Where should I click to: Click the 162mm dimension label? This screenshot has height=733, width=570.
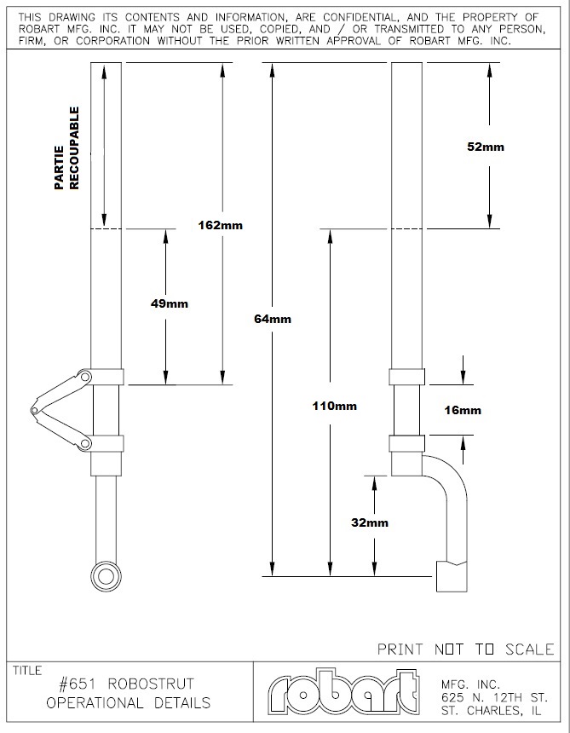tap(221, 225)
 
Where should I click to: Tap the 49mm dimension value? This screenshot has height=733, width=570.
tap(170, 304)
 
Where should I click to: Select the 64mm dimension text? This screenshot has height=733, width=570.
tap(273, 319)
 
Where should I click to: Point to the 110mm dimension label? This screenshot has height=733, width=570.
tap(335, 406)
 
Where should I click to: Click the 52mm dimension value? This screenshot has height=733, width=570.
tap(486, 147)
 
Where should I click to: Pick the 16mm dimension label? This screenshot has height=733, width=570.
tap(463, 410)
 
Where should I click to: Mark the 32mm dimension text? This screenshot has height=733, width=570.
tap(370, 522)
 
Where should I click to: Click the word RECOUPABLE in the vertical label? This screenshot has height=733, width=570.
tap(74, 148)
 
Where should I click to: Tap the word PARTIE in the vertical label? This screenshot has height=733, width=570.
tap(59, 168)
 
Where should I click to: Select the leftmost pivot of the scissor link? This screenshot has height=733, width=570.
tap(34, 410)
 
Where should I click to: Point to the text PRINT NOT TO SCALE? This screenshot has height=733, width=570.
tap(466, 649)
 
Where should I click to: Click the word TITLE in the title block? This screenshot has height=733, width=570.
tap(27, 671)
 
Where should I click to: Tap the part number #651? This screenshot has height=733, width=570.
tap(77, 684)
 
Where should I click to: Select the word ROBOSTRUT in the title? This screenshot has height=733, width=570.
tap(151, 684)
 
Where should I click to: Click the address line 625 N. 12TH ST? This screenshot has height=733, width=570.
tap(494, 697)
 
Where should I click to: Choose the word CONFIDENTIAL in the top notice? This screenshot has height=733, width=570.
tap(360, 17)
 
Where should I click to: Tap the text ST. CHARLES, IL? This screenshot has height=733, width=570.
tap(491, 711)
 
